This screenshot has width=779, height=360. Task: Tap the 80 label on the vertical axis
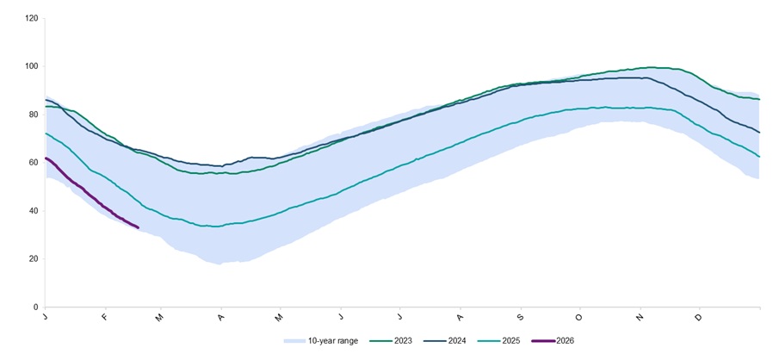coord(32,115)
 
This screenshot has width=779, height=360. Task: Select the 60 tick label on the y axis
coord(32,163)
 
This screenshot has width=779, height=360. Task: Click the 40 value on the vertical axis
coord(32,211)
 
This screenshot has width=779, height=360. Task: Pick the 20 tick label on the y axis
coord(32,258)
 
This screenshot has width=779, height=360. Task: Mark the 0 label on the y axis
coord(34,307)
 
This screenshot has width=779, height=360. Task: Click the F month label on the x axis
coord(104,318)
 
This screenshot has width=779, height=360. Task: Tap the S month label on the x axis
coord(520,318)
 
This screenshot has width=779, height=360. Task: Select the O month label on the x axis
coord(579,318)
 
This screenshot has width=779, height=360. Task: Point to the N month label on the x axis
coord(640,318)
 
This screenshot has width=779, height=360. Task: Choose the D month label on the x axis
coord(698,318)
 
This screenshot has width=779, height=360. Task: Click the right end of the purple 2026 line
coord(138,227)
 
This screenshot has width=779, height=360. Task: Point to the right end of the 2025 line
coord(759,157)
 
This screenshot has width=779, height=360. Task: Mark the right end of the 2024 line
coord(759,132)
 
